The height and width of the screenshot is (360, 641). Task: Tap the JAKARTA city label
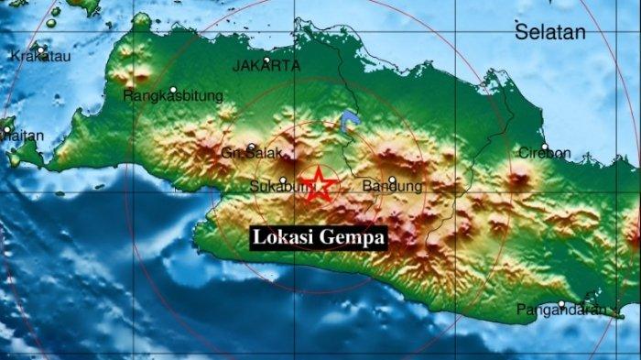[266, 66]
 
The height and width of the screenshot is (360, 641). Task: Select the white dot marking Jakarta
[266, 60]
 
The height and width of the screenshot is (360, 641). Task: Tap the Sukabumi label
[275, 188]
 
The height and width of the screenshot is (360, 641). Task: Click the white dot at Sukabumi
[283, 180]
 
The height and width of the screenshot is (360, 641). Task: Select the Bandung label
[392, 187]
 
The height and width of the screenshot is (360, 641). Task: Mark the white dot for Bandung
[392, 180]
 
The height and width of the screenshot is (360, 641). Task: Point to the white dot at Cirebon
[544, 147]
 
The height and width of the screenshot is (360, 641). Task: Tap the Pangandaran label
[561, 310]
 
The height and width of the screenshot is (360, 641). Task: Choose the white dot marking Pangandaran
[561, 303]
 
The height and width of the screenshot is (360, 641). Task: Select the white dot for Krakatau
[41, 47]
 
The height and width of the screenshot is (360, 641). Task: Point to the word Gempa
[352, 237]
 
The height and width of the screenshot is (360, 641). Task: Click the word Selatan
[549, 33]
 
